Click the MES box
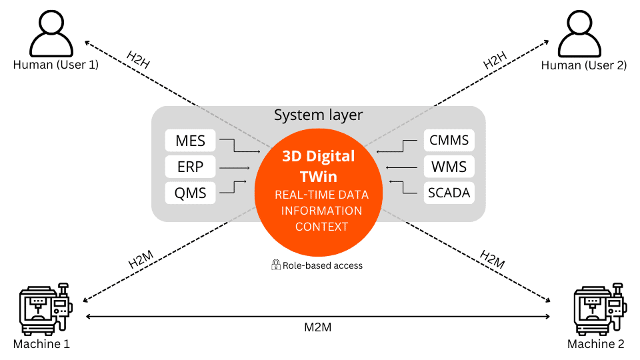click(190, 141)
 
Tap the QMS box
click(190, 194)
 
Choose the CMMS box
click(449, 141)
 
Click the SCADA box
click(449, 194)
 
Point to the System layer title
click(318, 115)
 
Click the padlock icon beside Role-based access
click(275, 265)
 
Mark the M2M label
click(318, 328)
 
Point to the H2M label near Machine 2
click(493, 259)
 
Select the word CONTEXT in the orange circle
click(321, 227)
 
